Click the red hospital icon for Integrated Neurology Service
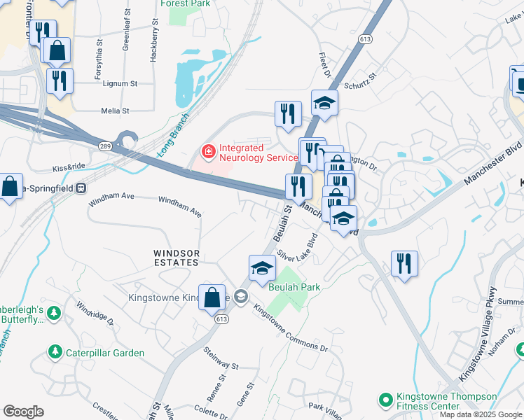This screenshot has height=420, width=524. [208, 150]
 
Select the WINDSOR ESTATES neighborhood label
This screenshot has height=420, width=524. [177, 258]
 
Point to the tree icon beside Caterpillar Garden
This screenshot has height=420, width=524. [55, 353]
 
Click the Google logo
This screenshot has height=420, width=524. [23, 412]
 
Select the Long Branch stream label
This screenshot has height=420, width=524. [173, 134]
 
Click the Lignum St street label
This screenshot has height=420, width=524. [119, 83]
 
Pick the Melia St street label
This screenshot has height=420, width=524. [115, 111]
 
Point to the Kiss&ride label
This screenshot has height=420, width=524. [69, 169]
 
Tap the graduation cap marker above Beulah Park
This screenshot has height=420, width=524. [261, 267]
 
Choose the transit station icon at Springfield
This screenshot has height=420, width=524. [81, 188]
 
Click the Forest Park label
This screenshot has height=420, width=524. [185, 3]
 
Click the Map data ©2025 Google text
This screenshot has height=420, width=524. [480, 414]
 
